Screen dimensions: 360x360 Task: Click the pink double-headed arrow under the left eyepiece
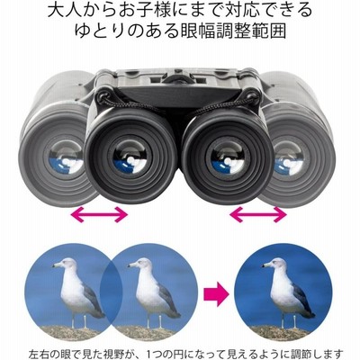tap(99, 214)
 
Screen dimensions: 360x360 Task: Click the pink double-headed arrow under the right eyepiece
tap(258, 214)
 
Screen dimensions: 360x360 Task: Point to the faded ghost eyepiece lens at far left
tap(65, 157)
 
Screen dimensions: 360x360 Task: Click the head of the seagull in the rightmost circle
tap(275, 264)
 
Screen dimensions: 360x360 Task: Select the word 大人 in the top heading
tap(61, 11)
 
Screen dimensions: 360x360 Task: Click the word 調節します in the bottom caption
tap(318, 354)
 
